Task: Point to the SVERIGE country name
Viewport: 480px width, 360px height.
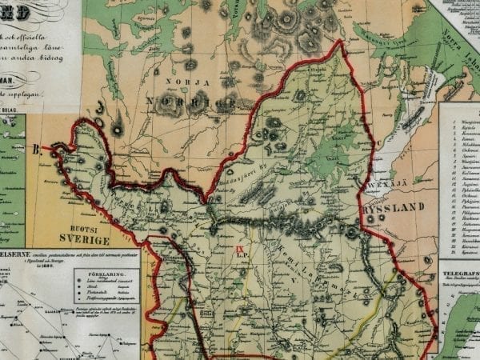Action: pyautogui.click(x=83, y=239)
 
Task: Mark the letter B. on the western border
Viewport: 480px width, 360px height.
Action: pyautogui.click(x=36, y=147)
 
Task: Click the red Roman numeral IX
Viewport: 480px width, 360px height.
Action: pyautogui.click(x=238, y=250)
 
